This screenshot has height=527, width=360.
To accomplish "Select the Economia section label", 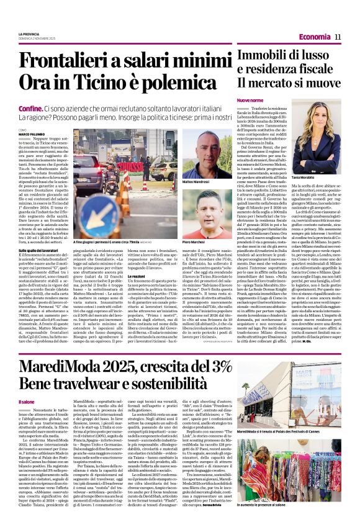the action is coord(314,37).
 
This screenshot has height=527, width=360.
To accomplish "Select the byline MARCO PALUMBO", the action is coord(33,133).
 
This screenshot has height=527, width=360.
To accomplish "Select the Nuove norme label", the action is coord(246,101).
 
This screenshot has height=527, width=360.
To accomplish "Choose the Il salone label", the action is coord(27,402).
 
